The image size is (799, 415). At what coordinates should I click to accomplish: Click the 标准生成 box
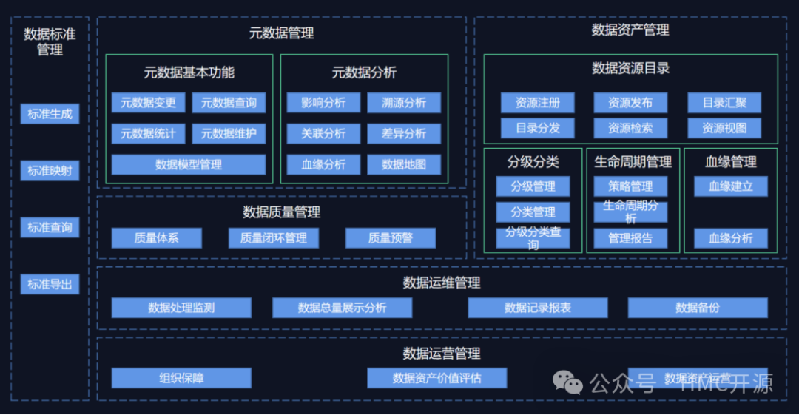pos(50,114)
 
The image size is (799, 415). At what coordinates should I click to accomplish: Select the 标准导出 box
pos(50,284)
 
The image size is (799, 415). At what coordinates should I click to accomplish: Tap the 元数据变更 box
pos(148,103)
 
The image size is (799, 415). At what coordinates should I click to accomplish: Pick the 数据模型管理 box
pos(188,164)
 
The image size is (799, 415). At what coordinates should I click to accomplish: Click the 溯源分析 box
pos(404,103)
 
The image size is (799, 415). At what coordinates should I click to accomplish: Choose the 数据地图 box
pos(404,164)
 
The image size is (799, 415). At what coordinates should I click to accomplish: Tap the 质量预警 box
pos(390,238)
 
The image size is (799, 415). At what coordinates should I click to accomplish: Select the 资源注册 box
pos(537,103)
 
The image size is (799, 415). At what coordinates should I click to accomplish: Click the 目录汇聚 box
pos(724,103)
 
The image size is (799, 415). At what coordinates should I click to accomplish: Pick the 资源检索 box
pos(630,128)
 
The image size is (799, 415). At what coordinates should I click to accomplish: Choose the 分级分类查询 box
pos(533,238)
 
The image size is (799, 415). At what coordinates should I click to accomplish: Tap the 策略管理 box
pos(630,186)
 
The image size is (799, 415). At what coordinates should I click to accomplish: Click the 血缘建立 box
pos(730,186)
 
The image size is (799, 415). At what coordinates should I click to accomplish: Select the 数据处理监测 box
pos(181,308)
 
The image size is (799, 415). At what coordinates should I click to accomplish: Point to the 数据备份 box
pos(698,308)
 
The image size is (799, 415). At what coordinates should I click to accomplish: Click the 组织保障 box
pos(181,378)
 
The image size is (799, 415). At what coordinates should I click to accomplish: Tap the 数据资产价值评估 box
pos(436,378)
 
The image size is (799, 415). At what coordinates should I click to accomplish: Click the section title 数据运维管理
pos(442,283)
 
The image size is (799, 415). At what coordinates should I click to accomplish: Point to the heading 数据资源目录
pos(630,68)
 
